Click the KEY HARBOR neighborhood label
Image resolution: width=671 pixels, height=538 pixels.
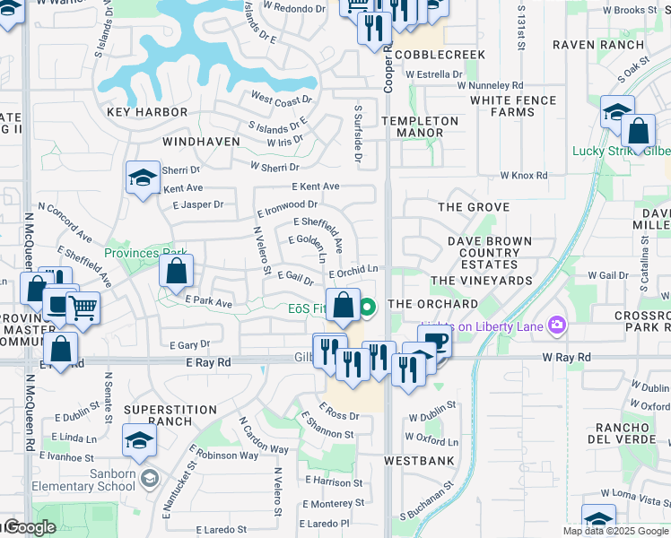pos(147,112)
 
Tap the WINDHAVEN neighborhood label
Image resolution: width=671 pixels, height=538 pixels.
pos(201,142)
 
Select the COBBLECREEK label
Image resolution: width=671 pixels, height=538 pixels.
pos(440,55)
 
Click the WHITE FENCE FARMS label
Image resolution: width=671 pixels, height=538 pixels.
pos(513,106)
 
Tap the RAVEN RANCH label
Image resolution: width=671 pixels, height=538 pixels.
pos(598,45)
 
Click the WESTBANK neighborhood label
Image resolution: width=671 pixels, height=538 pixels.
pos(419,461)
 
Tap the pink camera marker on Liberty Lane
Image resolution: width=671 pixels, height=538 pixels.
pos(558,325)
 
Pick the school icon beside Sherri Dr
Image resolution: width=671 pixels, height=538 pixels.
pos(143,178)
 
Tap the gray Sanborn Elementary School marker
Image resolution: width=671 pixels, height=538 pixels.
pos(149,478)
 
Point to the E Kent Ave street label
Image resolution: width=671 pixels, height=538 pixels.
pos(316,187)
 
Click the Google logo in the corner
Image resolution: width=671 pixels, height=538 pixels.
pos(30,528)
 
